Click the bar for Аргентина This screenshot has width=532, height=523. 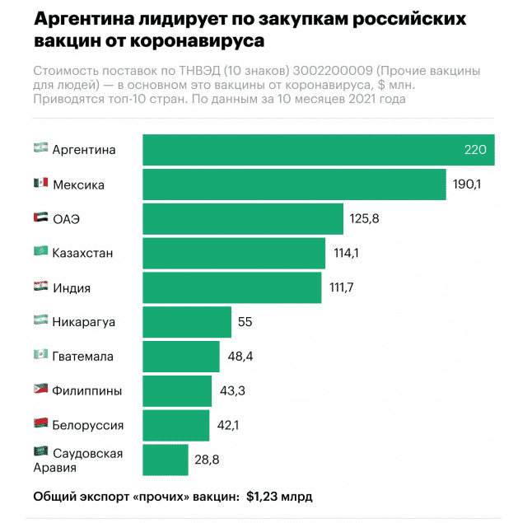click(x=318, y=150)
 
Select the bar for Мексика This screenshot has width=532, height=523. click(x=294, y=184)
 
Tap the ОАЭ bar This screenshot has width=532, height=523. click(x=243, y=219)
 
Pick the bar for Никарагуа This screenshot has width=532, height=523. click(x=187, y=322)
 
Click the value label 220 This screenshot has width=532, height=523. click(x=475, y=150)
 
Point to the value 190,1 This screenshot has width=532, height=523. click(x=467, y=184)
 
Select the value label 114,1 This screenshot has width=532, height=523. click(x=345, y=254)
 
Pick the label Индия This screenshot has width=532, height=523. click(x=72, y=288)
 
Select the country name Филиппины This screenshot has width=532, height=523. click(x=87, y=390)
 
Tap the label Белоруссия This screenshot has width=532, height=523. click(x=88, y=425)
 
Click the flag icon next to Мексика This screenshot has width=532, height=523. click(x=40, y=184)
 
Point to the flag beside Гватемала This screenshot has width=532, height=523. click(x=40, y=356)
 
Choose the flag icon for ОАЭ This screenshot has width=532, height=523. click(x=40, y=218)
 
